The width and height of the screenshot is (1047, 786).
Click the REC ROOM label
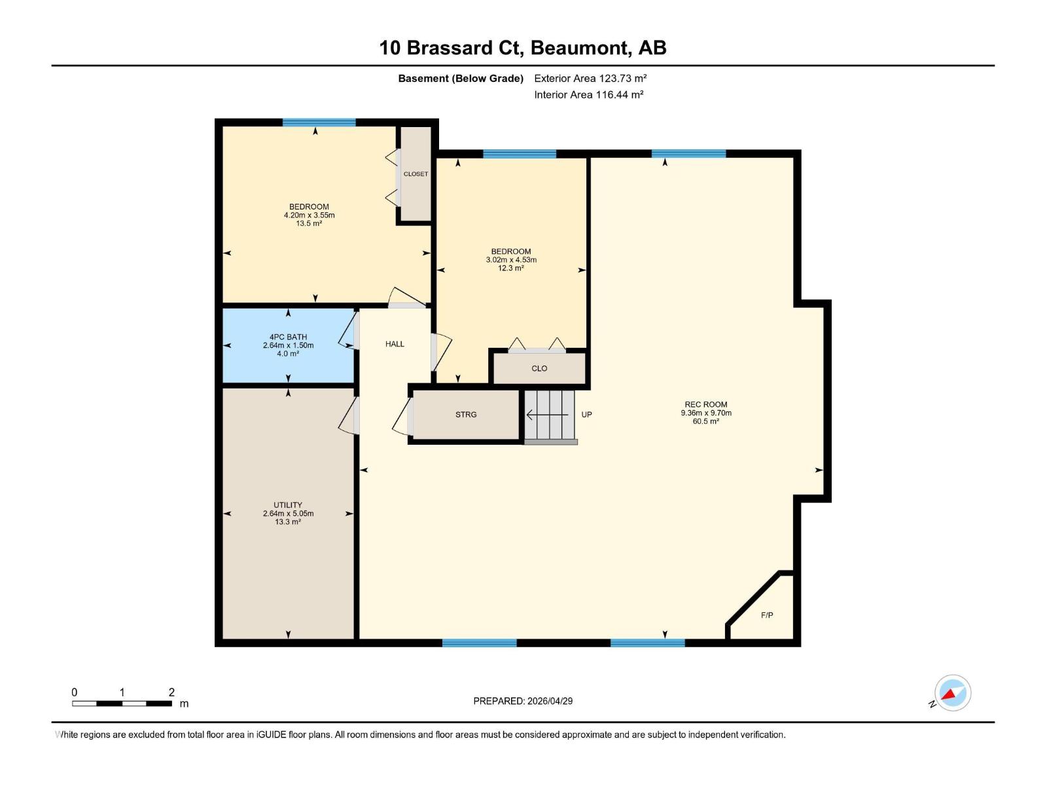[x=706, y=405]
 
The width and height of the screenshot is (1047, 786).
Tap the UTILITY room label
[x=288, y=505]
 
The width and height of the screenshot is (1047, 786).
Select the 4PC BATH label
[x=288, y=337]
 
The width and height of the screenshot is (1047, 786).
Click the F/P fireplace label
[x=767, y=615]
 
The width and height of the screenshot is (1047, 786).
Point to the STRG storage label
[x=466, y=415]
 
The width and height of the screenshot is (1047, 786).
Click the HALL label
[x=395, y=344]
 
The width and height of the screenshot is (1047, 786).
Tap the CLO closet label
[x=539, y=369]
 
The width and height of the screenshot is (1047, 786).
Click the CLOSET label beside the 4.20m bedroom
[x=416, y=174]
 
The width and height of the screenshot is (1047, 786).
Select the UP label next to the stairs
[x=586, y=415]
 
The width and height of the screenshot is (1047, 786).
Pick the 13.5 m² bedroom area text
[x=309, y=223]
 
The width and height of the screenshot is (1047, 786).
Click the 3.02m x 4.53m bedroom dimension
[x=511, y=260]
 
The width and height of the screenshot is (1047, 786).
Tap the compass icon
[x=952, y=693]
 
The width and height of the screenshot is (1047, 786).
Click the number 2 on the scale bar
[x=171, y=692]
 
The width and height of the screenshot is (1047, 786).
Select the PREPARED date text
[x=523, y=701]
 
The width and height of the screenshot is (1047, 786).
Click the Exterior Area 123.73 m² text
[x=590, y=78]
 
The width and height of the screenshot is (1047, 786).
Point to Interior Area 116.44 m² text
[x=588, y=94]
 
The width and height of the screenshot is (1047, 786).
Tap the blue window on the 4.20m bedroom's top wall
[x=319, y=122]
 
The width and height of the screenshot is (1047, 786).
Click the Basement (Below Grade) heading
[x=461, y=79]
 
